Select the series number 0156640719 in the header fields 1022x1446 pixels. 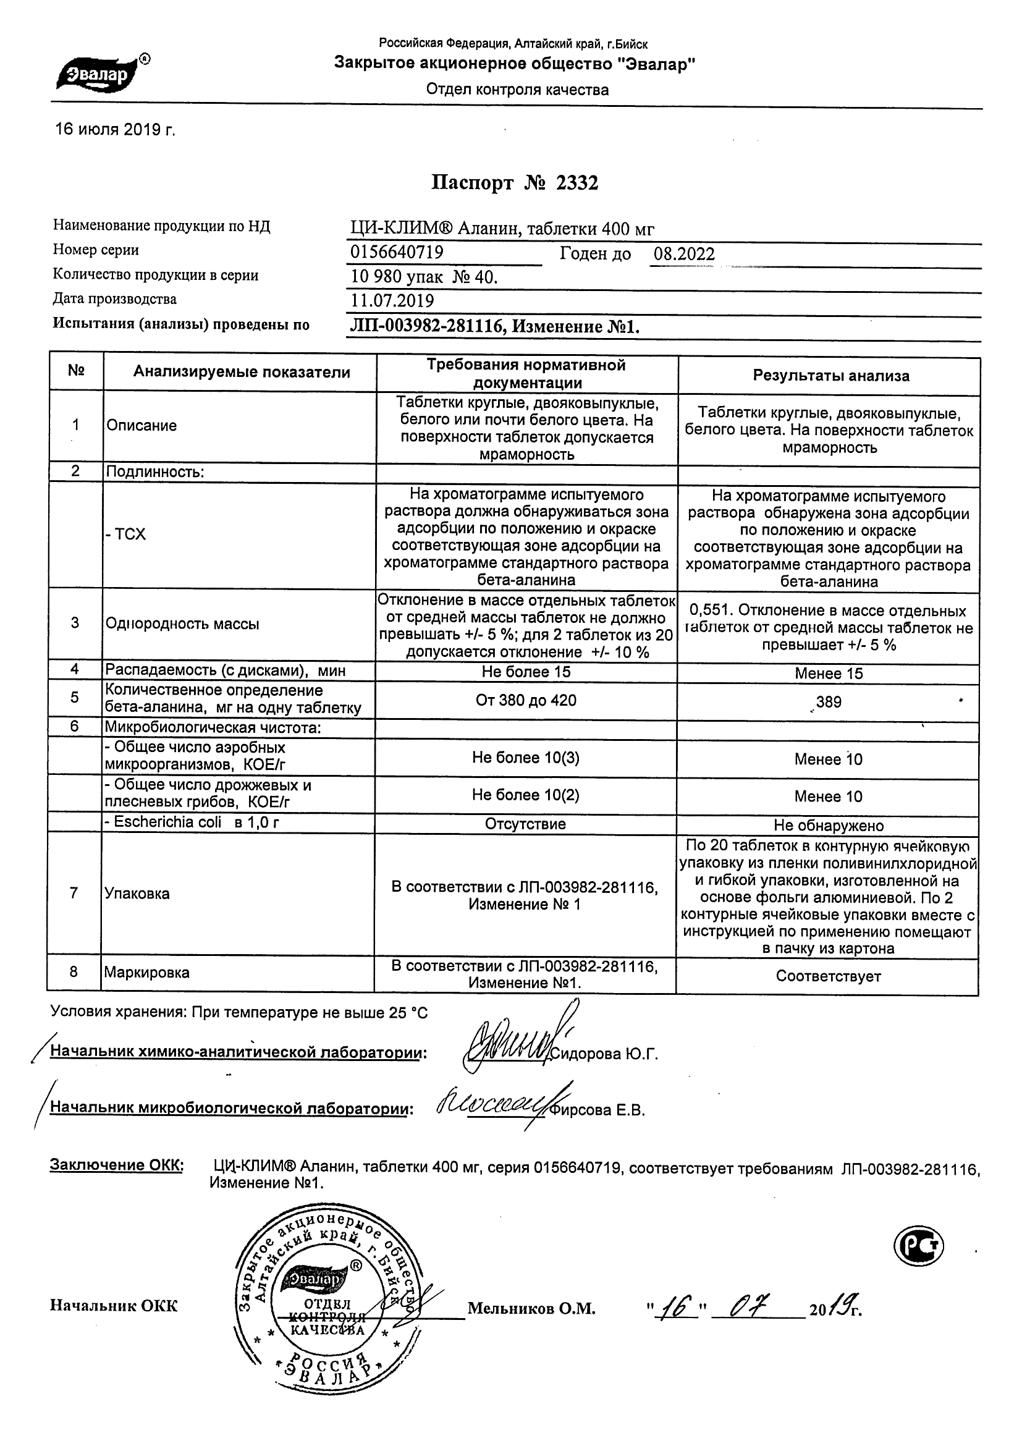point(397,253)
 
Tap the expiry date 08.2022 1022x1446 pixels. point(684,254)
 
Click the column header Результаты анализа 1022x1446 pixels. point(830,376)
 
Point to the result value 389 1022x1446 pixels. point(828,701)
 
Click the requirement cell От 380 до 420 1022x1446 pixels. point(526,700)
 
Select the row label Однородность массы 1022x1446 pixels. point(183,624)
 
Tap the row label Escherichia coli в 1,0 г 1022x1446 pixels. point(192,822)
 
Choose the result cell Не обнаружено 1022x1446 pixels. point(829,825)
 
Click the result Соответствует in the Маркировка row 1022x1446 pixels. point(828,976)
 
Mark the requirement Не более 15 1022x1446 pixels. point(526,672)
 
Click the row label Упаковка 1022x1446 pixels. point(137,893)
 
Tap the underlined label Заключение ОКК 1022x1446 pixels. point(117,1165)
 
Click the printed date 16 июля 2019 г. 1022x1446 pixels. point(115,130)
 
